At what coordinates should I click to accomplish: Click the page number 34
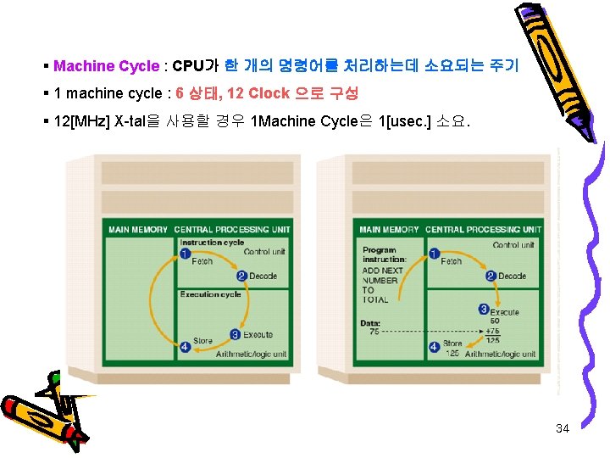562,428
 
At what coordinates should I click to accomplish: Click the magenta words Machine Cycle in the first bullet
106,66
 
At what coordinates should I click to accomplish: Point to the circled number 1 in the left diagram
184,254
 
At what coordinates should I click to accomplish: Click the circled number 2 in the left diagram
241,276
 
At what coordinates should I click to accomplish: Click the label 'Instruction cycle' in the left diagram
212,243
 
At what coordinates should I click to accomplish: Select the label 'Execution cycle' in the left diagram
211,294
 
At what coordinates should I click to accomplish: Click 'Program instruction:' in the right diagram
384,254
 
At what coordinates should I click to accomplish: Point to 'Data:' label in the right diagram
370,323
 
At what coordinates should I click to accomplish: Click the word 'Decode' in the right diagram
512,276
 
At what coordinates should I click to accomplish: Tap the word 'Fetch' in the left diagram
202,261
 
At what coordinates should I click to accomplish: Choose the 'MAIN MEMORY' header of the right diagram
389,229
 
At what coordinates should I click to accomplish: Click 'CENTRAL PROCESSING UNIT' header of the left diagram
232,229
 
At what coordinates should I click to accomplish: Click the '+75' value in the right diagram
493,331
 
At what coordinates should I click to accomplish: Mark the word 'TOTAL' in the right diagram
375,299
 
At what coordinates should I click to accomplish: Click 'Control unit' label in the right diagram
513,245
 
